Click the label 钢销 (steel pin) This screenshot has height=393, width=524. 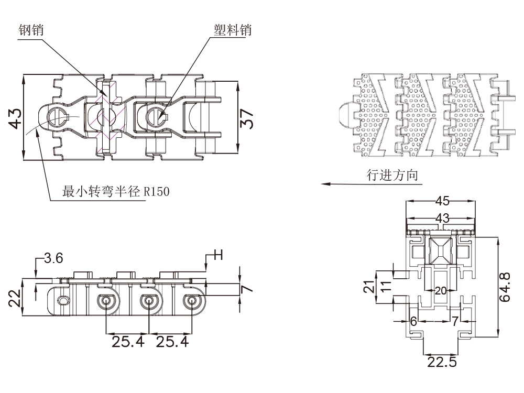coord(31,30)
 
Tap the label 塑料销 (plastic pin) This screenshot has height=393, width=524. coord(233,29)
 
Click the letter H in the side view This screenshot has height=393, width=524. coord(218,255)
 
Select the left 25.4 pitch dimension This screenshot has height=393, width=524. coord(127,342)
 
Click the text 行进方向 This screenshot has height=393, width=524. coord(392,175)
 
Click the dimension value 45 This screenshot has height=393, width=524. coord(442,201)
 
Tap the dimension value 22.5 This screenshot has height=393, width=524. coord(442,362)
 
